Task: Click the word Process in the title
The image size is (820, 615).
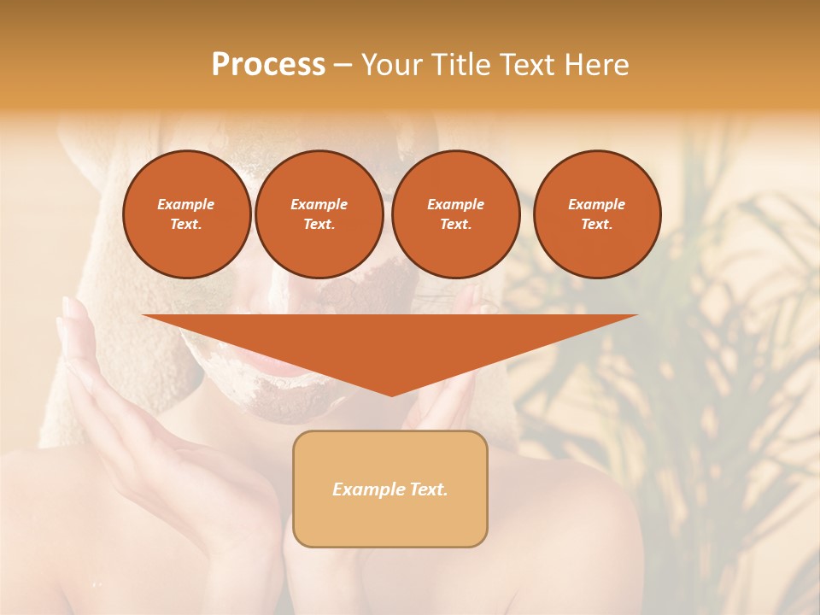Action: click(x=268, y=65)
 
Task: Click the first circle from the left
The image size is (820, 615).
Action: click(x=186, y=214)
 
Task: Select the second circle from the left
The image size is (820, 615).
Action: click(x=319, y=214)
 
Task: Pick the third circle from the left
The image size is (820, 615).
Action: click(x=455, y=214)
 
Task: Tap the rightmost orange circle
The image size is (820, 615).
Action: click(x=596, y=214)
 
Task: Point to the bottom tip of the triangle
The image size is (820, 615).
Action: click(x=390, y=395)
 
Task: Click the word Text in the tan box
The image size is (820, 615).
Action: click(x=427, y=489)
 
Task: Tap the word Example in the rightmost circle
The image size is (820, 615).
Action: click(x=596, y=204)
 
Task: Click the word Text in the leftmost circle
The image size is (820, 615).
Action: click(x=185, y=225)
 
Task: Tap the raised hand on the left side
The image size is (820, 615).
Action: click(x=111, y=384)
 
